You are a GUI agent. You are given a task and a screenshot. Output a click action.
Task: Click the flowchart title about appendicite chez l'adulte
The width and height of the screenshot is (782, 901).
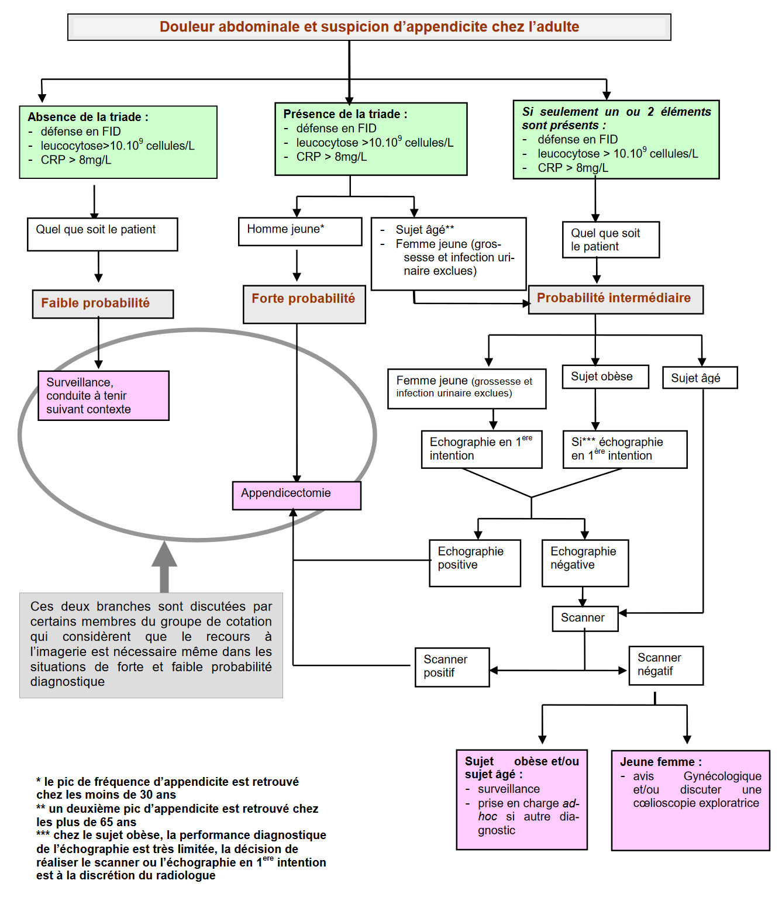click(x=368, y=27)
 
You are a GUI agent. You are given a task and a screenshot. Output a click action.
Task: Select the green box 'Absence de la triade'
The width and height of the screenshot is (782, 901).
click(x=118, y=142)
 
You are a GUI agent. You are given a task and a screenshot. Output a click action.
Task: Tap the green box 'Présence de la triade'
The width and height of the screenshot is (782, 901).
click(x=371, y=139)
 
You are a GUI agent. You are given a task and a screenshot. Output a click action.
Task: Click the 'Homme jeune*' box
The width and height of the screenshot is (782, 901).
click(x=300, y=231)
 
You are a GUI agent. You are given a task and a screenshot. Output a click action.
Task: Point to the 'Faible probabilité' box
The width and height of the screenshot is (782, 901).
click(x=103, y=303)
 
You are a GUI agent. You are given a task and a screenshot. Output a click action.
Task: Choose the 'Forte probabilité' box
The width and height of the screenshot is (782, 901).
click(x=304, y=304)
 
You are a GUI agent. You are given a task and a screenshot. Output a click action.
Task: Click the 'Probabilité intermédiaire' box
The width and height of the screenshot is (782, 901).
click(x=615, y=299)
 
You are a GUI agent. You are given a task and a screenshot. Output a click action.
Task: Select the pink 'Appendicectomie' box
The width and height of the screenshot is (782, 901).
click(x=297, y=495)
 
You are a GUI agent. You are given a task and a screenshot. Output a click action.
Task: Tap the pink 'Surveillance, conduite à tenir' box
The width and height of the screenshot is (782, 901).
click(x=104, y=395)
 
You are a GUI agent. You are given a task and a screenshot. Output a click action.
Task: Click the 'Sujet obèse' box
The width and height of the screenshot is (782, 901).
click(x=605, y=377)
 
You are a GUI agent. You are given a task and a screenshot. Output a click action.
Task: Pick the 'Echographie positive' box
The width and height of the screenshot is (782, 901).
click(x=475, y=563)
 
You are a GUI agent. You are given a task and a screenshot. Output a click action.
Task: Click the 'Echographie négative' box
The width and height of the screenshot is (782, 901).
click(x=585, y=563)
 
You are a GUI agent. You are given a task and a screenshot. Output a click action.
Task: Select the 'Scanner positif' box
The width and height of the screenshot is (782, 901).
click(x=452, y=667)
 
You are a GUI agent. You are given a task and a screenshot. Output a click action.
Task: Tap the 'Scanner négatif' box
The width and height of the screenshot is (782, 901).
click(x=666, y=665)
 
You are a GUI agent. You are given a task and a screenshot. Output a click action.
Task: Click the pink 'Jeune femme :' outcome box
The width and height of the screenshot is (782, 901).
click(x=690, y=800)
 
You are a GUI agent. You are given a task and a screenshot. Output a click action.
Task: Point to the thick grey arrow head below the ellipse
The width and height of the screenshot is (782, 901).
click(x=164, y=554)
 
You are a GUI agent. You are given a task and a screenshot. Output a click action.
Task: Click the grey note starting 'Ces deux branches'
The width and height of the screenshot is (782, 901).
click(x=151, y=645)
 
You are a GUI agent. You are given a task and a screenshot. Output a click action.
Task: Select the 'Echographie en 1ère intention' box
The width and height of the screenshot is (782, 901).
click(x=481, y=449)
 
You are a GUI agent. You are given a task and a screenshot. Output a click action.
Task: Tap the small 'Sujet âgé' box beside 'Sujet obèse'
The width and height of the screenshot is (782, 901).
click(x=700, y=378)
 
